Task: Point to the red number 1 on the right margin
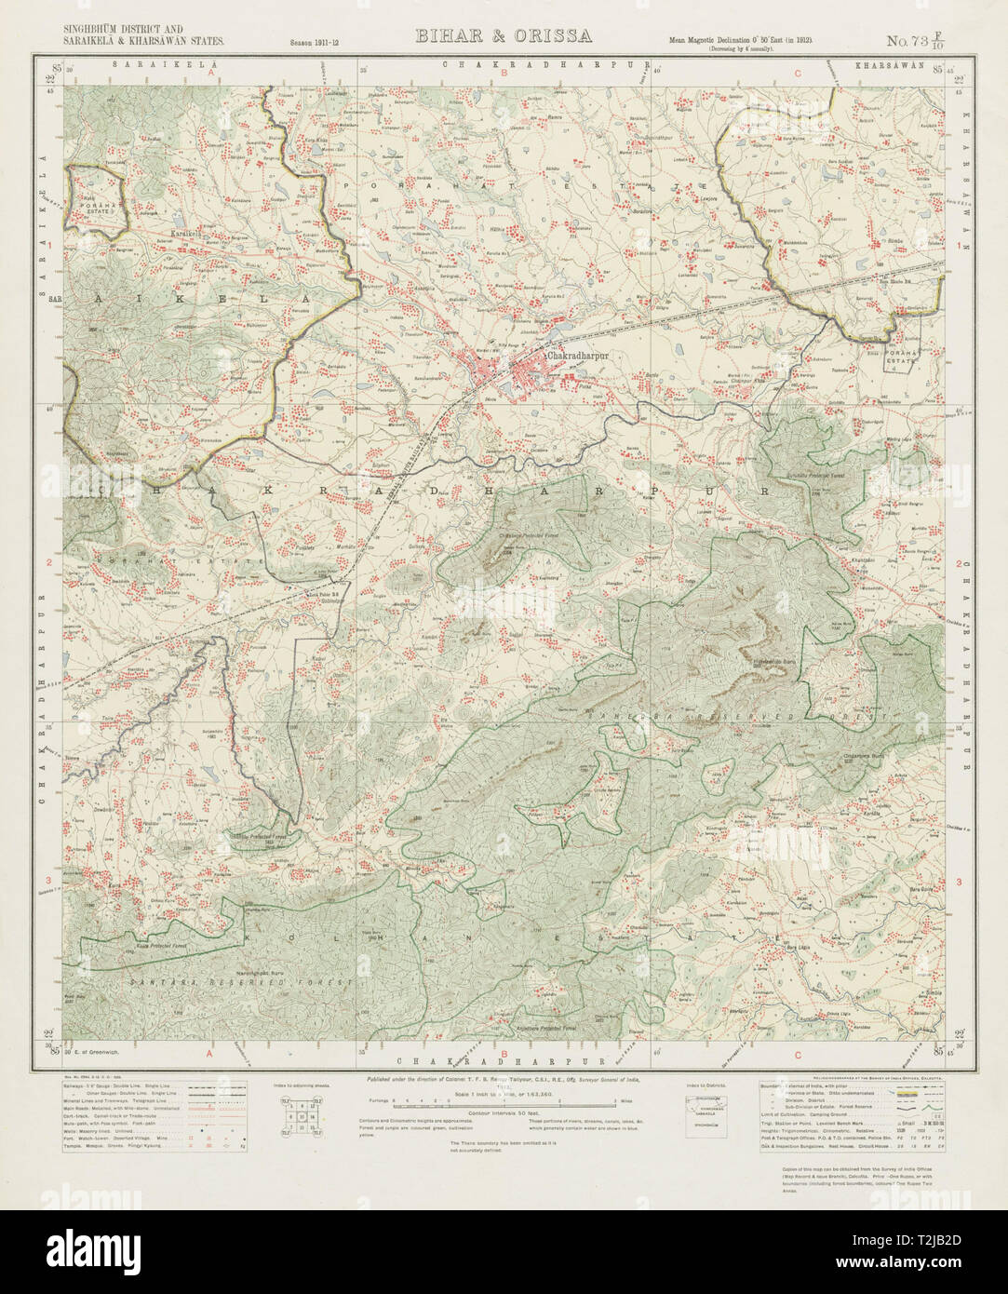pyautogui.click(x=959, y=245)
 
